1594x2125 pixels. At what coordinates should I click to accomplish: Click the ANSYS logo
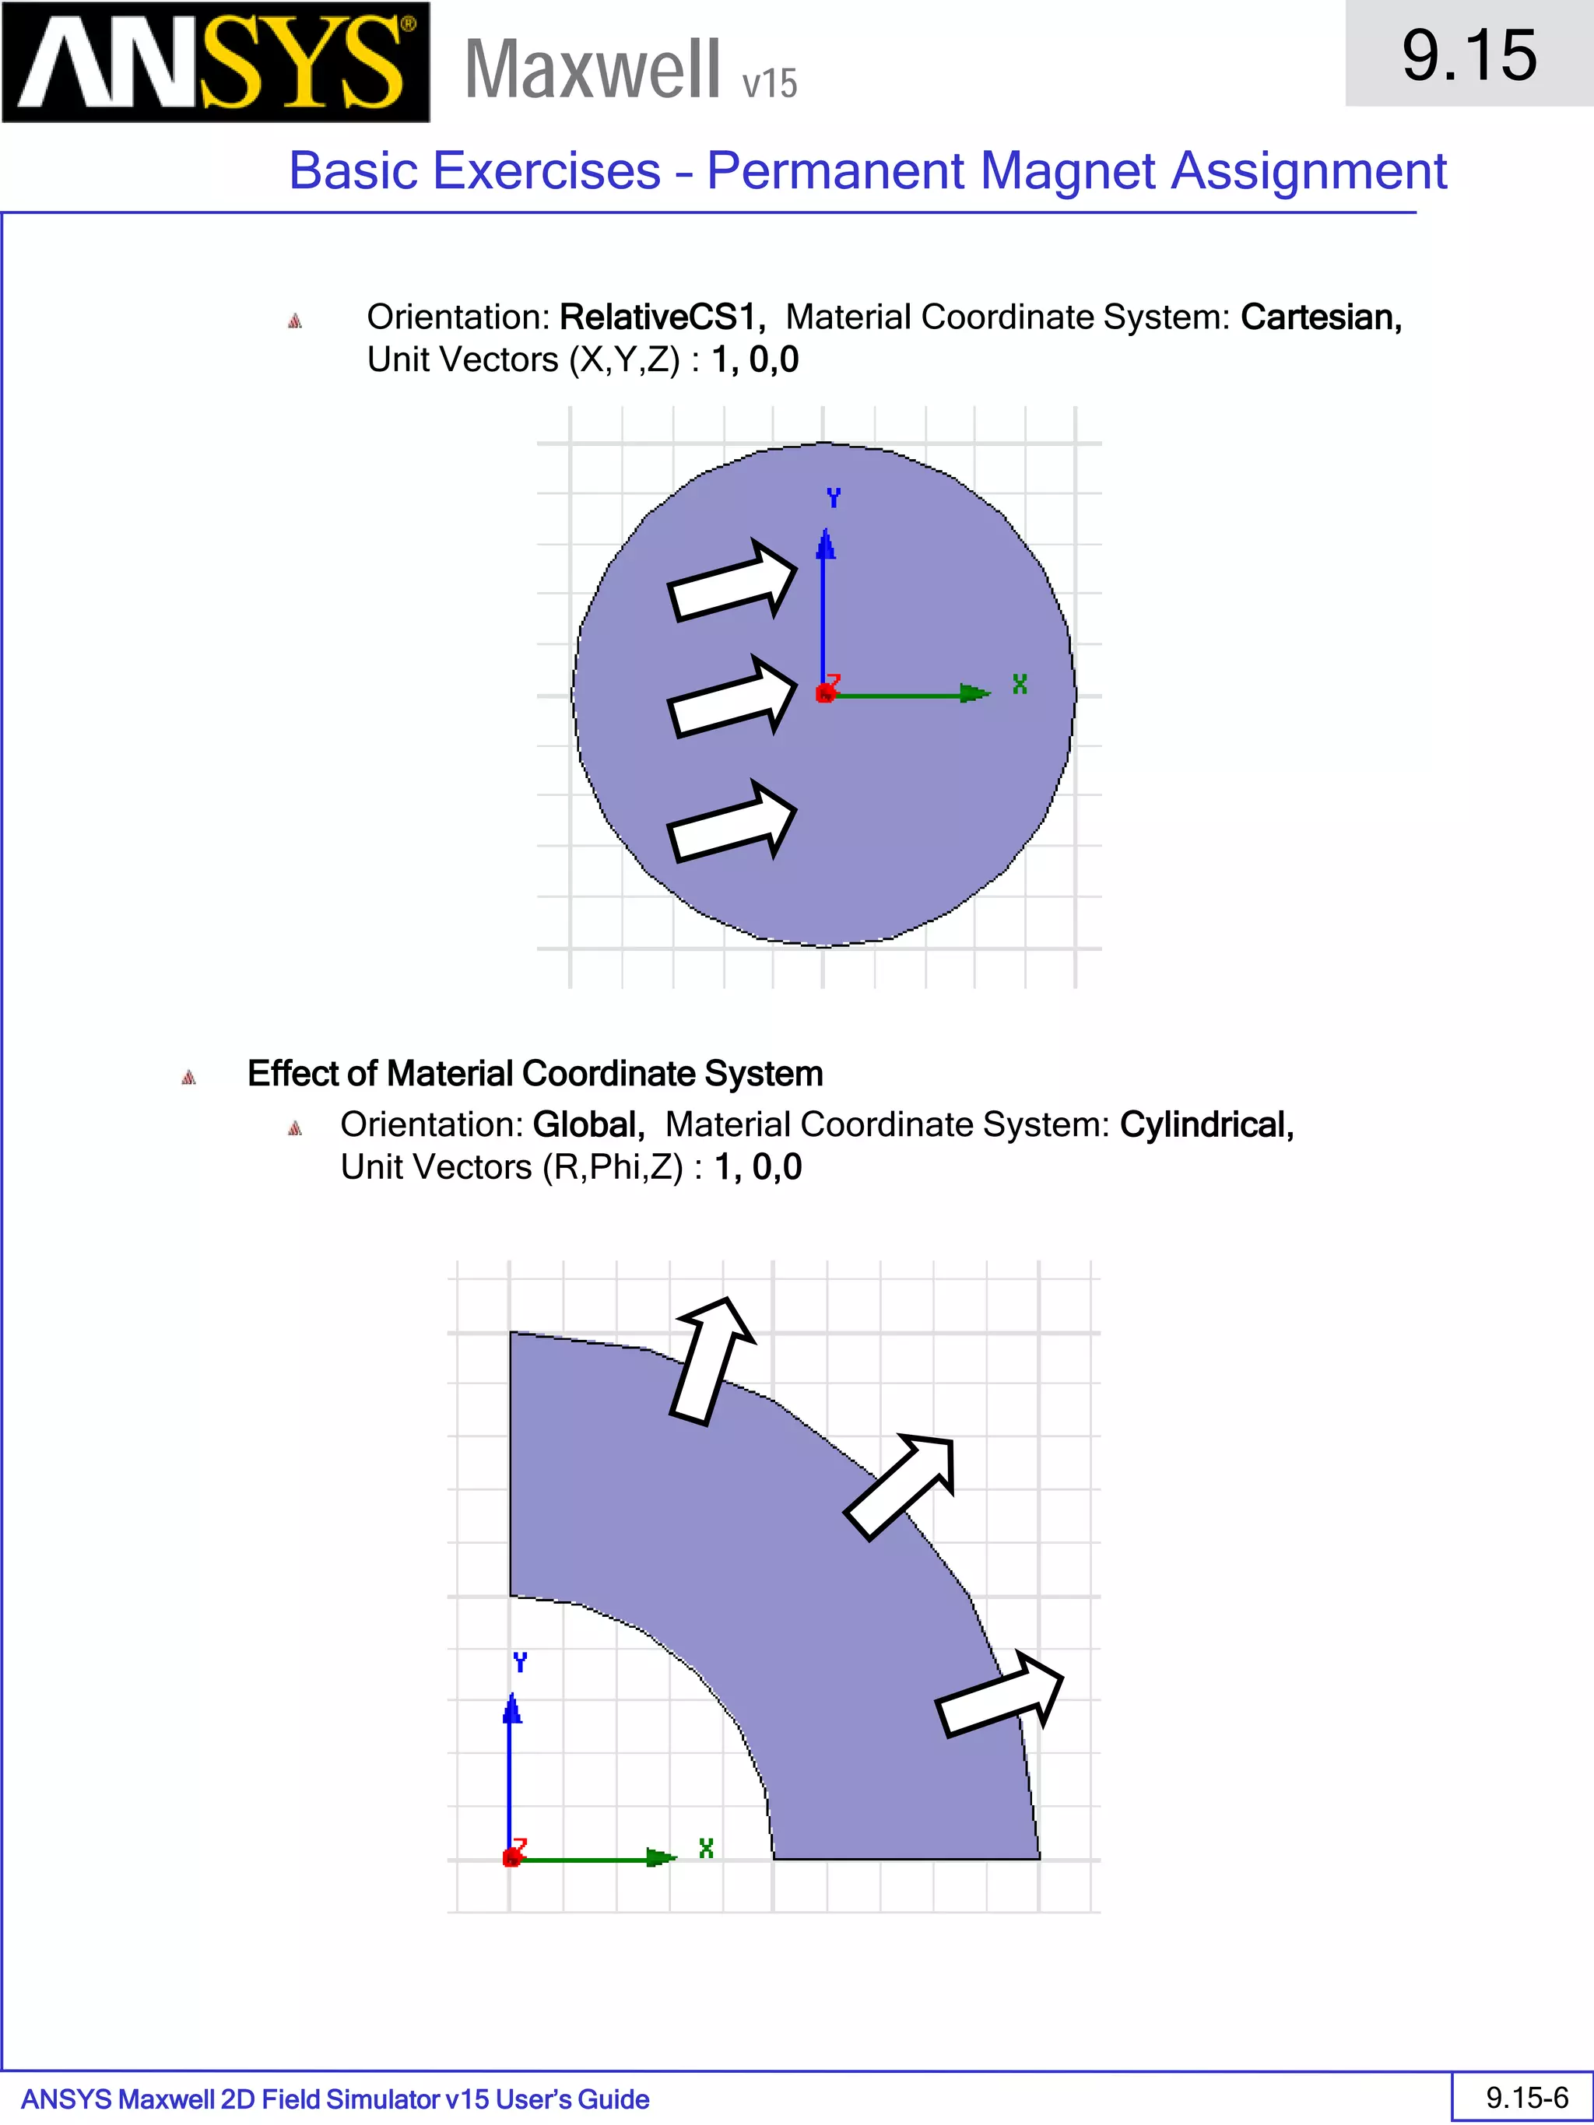pyautogui.click(x=216, y=62)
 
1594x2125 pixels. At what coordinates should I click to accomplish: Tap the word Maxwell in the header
pyautogui.click(x=592, y=69)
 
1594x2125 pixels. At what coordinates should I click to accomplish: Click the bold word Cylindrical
pyautogui.click(x=1206, y=1124)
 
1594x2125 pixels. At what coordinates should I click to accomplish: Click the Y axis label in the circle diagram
pyautogui.click(x=833, y=498)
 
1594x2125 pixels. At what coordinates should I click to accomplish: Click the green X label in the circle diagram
pyautogui.click(x=1020, y=684)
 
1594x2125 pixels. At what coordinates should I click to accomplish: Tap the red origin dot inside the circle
pyautogui.click(x=824, y=693)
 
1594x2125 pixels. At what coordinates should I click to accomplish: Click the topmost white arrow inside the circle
pyautogui.click(x=732, y=581)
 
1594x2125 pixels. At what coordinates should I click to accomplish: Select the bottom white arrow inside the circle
pyautogui.click(x=732, y=822)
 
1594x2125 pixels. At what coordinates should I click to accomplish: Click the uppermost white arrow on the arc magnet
pyautogui.click(x=712, y=1360)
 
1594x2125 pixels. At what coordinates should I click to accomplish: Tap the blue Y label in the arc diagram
pyautogui.click(x=520, y=1662)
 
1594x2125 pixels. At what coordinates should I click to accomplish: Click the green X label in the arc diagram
pyautogui.click(x=706, y=1848)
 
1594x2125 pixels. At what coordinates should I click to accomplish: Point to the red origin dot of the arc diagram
pyautogui.click(x=511, y=1859)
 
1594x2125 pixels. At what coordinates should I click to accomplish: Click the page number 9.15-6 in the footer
pyautogui.click(x=1526, y=2097)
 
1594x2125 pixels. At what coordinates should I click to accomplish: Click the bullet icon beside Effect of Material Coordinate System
pyautogui.click(x=189, y=1077)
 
